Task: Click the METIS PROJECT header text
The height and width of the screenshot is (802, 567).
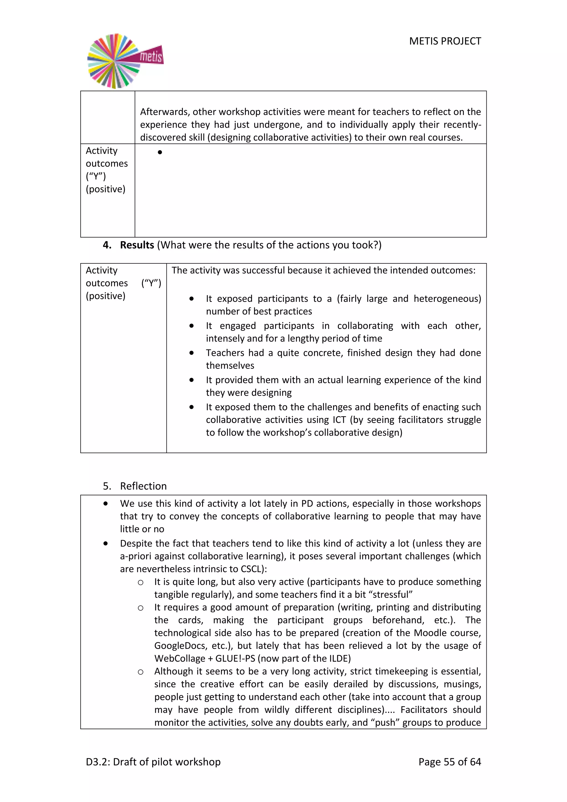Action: [445, 41]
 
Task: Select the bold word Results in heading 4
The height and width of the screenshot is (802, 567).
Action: [137, 245]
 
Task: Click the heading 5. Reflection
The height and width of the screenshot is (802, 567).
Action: [135, 486]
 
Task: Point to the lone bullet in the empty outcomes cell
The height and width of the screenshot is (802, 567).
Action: [160, 152]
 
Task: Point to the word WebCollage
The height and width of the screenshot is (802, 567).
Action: [179, 659]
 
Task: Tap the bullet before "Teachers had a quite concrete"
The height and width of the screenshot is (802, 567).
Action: [191, 353]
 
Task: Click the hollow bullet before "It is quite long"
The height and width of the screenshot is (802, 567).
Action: [140, 582]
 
